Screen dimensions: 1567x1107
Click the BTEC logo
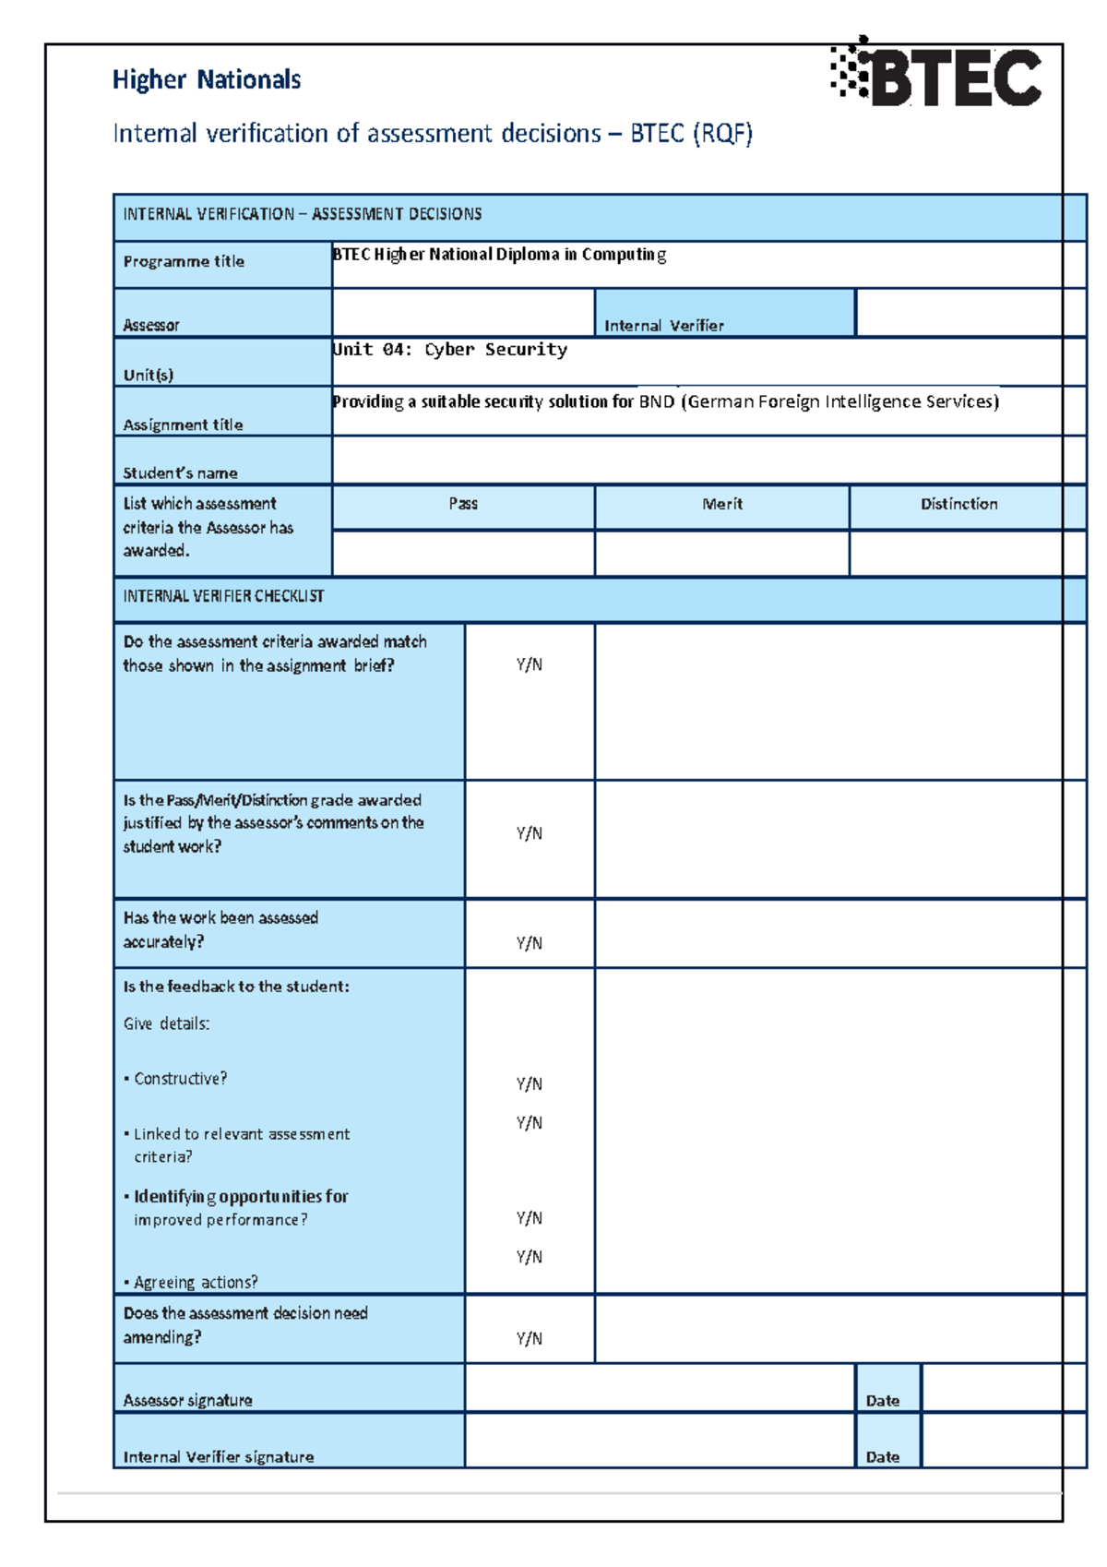[x=937, y=74]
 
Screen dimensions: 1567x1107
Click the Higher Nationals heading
[x=207, y=80]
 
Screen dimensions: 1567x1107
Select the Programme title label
[x=184, y=261]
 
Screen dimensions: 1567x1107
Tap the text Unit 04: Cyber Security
[x=449, y=350]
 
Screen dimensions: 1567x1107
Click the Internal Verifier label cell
[x=663, y=325]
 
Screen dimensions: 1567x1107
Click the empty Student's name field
[x=696, y=461]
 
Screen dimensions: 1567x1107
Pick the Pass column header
[x=463, y=504]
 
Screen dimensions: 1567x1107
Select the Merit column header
[x=721, y=504]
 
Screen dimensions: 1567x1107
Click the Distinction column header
[x=958, y=504]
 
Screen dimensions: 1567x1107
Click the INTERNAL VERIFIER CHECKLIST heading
[x=223, y=596]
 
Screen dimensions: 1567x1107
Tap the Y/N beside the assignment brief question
[x=529, y=664]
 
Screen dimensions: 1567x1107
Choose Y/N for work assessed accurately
[x=529, y=943]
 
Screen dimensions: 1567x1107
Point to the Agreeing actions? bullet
[x=195, y=1282]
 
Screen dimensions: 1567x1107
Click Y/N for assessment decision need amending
[x=529, y=1338]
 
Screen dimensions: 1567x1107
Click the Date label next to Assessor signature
[x=883, y=1400]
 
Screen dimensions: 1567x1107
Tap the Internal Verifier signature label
[x=219, y=1457]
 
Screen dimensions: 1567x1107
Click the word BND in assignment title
[x=656, y=401]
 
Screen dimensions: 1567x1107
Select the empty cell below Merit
[x=721, y=554]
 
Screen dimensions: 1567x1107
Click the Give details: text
[x=166, y=1023]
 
